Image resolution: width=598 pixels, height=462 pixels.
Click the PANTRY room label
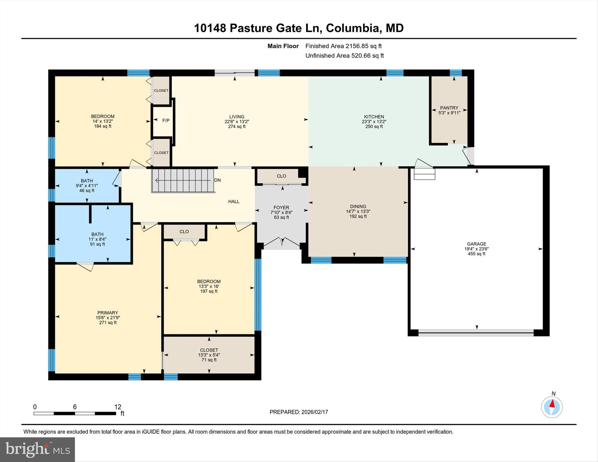click(449, 108)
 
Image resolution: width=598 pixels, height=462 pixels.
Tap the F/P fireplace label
click(166, 120)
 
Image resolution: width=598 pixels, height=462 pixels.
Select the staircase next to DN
click(183, 181)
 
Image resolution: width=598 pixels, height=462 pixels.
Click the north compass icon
click(552, 407)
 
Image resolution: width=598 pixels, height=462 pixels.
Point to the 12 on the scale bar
click(118, 407)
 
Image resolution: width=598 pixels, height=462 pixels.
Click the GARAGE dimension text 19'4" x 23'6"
click(476, 249)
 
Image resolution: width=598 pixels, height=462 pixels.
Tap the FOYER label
click(281, 207)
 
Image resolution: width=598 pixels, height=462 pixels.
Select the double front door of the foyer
click(282, 243)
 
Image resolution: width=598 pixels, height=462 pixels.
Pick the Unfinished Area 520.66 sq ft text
click(344, 56)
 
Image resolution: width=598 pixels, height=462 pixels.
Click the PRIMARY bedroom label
click(107, 313)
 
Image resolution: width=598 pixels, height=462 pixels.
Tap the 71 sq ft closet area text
click(209, 360)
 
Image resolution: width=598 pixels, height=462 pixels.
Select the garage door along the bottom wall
click(476, 333)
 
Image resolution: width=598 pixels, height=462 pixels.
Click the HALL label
click(234, 202)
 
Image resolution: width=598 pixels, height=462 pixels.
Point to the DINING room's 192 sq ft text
click(358, 216)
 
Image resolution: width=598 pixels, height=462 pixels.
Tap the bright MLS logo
click(37, 449)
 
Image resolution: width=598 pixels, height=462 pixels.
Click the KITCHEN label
click(374, 117)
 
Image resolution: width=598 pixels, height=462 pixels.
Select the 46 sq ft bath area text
click(87, 191)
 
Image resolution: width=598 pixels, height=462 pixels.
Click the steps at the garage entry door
click(424, 174)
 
